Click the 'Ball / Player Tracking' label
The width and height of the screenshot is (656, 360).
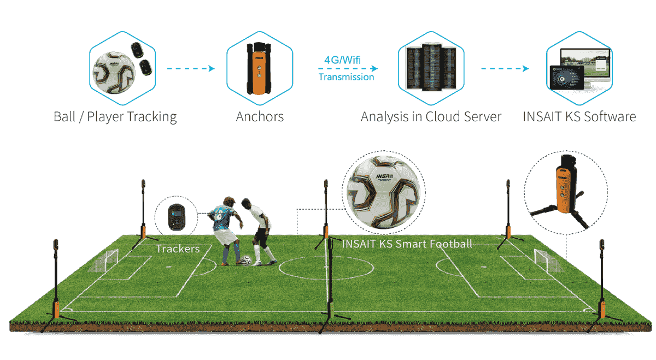tap(115, 116)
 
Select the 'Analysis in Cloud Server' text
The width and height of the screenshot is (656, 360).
tap(431, 116)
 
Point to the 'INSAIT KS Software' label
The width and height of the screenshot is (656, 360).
tap(579, 116)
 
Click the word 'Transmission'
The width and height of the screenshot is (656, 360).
tap(346, 78)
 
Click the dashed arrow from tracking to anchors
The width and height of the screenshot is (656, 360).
tap(190, 69)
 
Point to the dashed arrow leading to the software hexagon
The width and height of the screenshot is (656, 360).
tap(505, 69)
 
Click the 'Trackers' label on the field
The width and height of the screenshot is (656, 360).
tap(177, 249)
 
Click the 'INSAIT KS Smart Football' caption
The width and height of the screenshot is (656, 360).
tap(407, 244)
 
